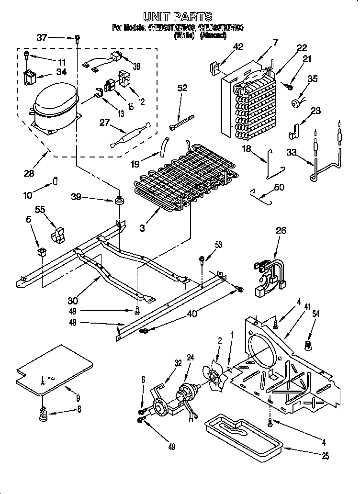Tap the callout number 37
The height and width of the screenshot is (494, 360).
[42, 37]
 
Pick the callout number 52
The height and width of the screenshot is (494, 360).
[182, 88]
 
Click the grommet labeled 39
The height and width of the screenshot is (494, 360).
[118, 198]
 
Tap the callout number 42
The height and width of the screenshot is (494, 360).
[238, 46]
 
